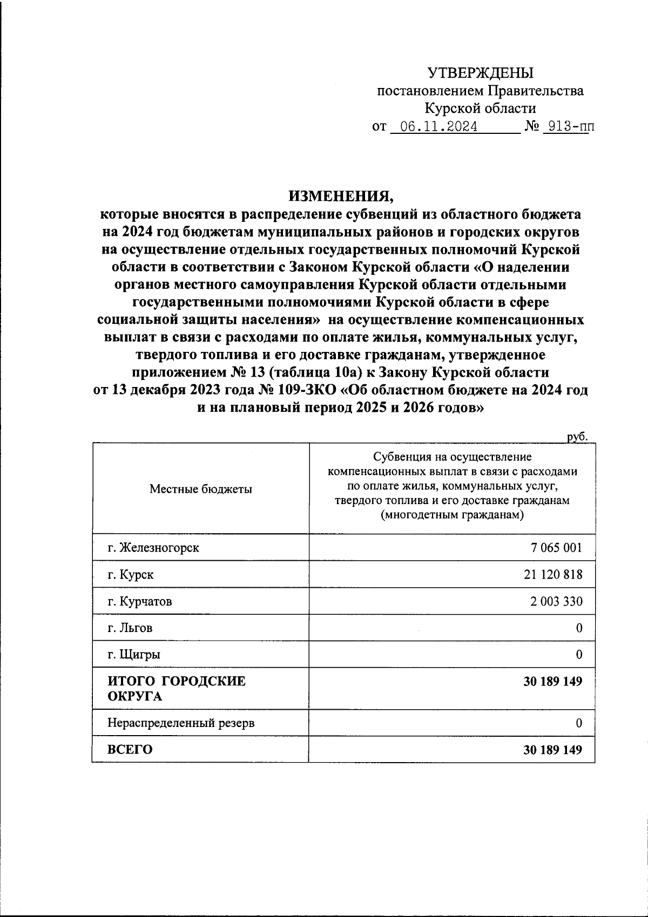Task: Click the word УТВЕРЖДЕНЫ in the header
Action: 480,73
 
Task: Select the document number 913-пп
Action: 567,127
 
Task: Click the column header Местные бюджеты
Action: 200,489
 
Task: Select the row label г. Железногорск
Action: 153,547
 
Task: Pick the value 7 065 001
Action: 556,547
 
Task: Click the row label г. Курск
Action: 130,574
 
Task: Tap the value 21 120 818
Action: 552,574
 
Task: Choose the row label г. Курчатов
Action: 140,601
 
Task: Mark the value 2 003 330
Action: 556,601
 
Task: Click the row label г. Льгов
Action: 130,628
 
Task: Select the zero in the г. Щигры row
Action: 579,655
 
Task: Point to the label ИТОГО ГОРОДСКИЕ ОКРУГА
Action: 176,688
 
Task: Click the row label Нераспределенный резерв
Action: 181,723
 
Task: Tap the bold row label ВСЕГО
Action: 130,749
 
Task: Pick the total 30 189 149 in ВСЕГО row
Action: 552,749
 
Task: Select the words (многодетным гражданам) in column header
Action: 452,515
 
